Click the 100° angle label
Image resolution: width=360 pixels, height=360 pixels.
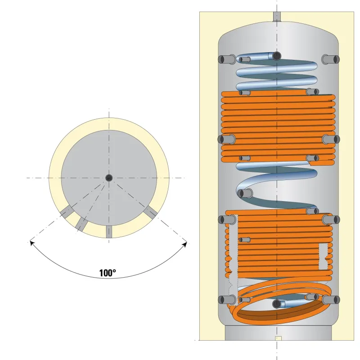[x=108, y=273]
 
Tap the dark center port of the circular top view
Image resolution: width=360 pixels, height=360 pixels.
[x=109, y=178]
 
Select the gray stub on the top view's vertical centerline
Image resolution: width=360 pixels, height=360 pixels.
[x=109, y=231]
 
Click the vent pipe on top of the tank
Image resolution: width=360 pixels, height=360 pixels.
[x=276, y=17]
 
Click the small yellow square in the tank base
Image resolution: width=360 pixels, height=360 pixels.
[x=278, y=338]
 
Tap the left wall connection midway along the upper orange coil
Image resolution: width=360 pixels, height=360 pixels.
[x=225, y=139]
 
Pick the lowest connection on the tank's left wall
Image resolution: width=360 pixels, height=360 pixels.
[x=225, y=300]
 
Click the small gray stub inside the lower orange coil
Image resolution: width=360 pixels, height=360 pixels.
[x=246, y=239]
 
